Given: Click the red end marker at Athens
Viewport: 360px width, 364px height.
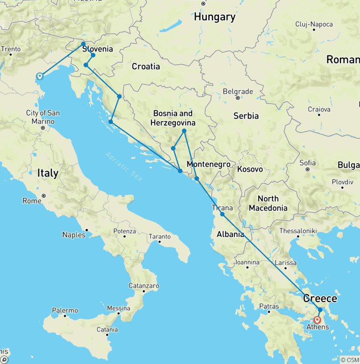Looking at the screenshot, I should (x=317, y=320).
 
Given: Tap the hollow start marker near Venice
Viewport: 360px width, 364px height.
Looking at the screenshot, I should (x=40, y=76).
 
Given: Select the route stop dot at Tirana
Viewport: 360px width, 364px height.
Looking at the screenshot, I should (x=222, y=214).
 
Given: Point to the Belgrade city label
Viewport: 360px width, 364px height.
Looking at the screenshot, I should (x=238, y=91).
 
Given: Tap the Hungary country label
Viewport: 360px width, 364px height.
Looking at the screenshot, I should (x=215, y=17).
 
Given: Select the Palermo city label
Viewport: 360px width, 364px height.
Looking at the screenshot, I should (x=65, y=311).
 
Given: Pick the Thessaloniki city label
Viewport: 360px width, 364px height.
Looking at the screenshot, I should (x=298, y=231).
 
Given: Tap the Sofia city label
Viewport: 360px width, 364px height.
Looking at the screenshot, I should (x=307, y=163).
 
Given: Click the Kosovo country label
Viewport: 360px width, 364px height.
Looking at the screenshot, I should (x=250, y=169).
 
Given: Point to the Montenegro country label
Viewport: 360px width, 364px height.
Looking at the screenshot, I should (x=209, y=164).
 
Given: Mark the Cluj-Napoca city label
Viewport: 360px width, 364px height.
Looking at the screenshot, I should (x=314, y=24).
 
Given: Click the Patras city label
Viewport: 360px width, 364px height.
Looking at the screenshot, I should (x=268, y=306).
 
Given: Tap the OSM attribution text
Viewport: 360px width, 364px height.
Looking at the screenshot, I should (x=350, y=360).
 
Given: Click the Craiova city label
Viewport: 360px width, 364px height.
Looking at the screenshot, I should (x=319, y=109).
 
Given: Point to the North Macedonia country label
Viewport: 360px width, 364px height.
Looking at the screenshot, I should (x=268, y=203).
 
